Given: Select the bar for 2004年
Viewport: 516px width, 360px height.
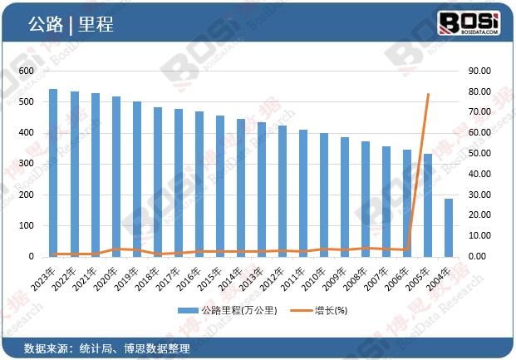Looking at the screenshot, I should (x=449, y=228).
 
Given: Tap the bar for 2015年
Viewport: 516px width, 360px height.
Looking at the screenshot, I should (x=220, y=186).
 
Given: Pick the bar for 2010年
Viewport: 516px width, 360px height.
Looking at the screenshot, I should (x=324, y=195).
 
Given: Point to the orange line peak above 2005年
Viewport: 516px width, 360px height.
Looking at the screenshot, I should (x=428, y=94).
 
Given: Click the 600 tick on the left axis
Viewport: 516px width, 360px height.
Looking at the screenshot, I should (x=27, y=71).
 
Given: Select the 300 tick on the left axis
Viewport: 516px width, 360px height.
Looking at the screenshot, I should (x=27, y=164).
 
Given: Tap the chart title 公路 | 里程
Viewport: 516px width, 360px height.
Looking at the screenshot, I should (x=71, y=25).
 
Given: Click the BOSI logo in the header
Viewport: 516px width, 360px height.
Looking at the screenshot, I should (x=468, y=22).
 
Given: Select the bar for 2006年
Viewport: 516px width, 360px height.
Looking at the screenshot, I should (x=407, y=203).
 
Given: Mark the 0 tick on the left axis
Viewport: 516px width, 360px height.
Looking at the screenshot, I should (x=32, y=257).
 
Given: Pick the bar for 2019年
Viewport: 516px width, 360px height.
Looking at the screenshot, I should (x=137, y=179).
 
